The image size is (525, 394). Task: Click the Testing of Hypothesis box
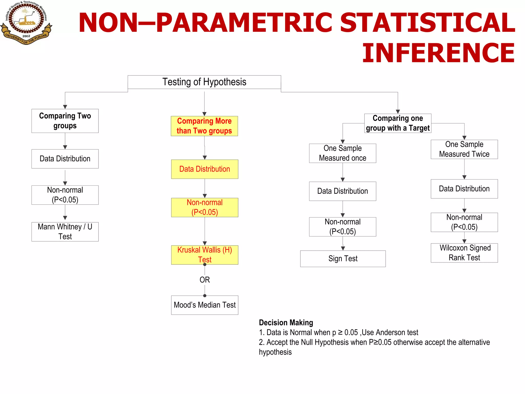(204, 82)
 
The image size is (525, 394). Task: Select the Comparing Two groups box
(65, 121)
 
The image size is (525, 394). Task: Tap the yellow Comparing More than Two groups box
(204, 126)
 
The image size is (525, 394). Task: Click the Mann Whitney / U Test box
(65, 232)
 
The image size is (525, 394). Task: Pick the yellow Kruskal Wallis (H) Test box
(205, 255)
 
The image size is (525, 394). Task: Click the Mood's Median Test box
(205, 305)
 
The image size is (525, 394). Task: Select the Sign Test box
(343, 259)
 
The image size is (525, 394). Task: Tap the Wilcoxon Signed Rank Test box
(464, 253)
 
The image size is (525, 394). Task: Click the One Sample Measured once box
(342, 153)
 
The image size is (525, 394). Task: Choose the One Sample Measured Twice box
(464, 149)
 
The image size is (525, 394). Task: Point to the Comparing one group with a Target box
(398, 123)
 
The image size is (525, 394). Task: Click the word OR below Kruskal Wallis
(205, 280)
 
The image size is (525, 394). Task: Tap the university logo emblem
(26, 22)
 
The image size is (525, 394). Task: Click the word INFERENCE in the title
(438, 53)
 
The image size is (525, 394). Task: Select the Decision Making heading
(286, 322)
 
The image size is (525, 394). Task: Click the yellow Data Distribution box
(205, 169)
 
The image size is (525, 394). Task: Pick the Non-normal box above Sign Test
(342, 227)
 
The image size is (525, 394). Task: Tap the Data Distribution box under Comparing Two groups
(65, 159)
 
